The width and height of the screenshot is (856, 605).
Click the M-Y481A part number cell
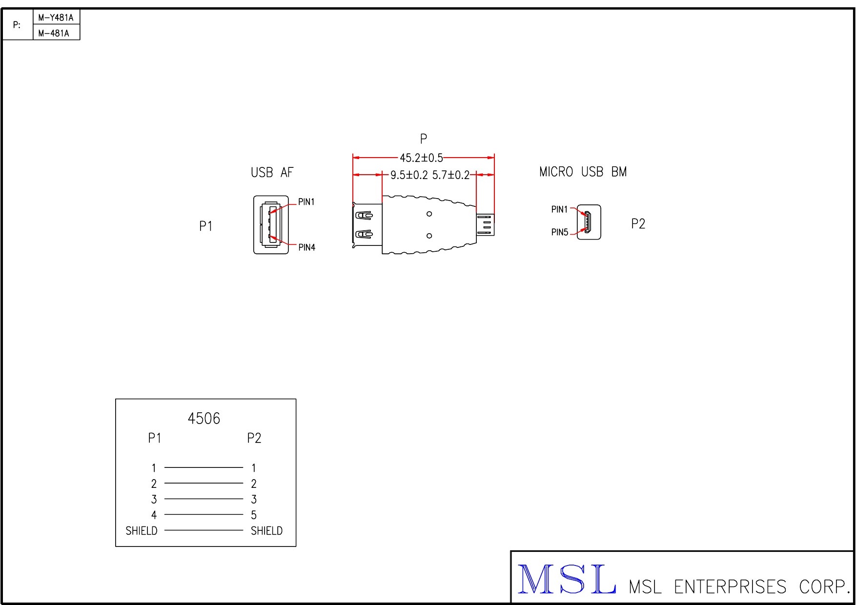click(x=56, y=18)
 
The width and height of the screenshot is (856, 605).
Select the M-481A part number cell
click(x=56, y=33)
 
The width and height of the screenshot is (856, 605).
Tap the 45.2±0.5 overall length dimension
click(x=421, y=158)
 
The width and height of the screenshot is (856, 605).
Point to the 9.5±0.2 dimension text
click(x=409, y=175)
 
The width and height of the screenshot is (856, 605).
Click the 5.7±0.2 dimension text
click(x=451, y=175)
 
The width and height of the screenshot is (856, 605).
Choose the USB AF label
click(x=272, y=173)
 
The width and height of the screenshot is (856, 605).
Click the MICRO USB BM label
click(x=583, y=172)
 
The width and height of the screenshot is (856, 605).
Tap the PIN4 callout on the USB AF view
click(x=306, y=247)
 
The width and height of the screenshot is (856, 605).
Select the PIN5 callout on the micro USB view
click(x=560, y=232)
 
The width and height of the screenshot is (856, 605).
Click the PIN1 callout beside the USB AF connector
click(x=306, y=202)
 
